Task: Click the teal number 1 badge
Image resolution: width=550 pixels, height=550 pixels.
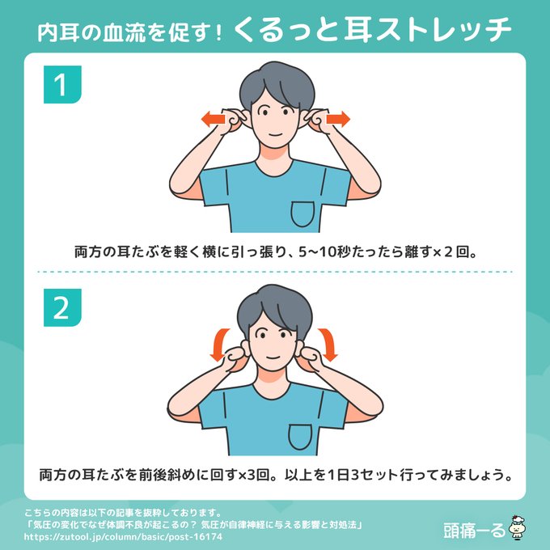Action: click(62, 85)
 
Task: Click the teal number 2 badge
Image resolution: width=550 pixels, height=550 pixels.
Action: click(62, 307)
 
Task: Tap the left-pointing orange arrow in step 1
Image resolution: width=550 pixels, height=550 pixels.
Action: click(213, 119)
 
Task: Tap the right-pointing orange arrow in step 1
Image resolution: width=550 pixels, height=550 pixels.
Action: click(338, 119)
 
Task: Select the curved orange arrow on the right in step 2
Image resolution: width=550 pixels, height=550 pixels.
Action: click(328, 344)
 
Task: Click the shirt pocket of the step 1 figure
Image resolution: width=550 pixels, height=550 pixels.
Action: click(302, 214)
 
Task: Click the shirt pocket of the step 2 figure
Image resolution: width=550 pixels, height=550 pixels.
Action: click(300, 437)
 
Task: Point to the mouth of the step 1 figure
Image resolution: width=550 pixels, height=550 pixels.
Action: click(275, 135)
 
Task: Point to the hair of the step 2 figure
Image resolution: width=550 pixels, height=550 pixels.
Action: click(275, 309)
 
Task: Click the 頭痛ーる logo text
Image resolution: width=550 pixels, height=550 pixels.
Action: click(475, 531)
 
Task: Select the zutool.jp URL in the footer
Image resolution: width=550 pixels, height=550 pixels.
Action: click(123, 537)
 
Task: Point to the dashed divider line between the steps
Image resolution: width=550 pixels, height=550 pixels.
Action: click(275, 272)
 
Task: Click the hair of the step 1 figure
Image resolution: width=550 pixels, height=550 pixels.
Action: click(277, 84)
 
